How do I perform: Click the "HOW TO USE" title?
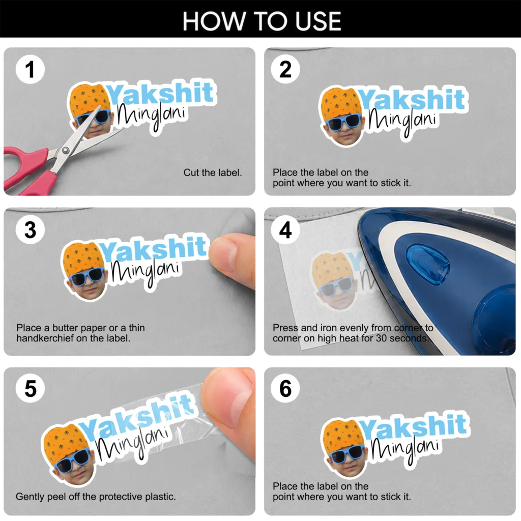click(262, 21)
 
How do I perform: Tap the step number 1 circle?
click(30, 69)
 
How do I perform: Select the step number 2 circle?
click(285, 69)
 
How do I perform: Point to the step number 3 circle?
click(30, 229)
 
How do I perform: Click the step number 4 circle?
click(285, 229)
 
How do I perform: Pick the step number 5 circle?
click(30, 388)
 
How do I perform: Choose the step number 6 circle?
click(285, 388)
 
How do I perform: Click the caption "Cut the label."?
click(213, 172)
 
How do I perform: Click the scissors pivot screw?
click(66, 151)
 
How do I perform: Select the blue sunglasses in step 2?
click(343, 122)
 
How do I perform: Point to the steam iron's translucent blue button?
click(427, 264)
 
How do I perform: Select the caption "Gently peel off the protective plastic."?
click(96, 497)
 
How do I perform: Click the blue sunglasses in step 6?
click(346, 453)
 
